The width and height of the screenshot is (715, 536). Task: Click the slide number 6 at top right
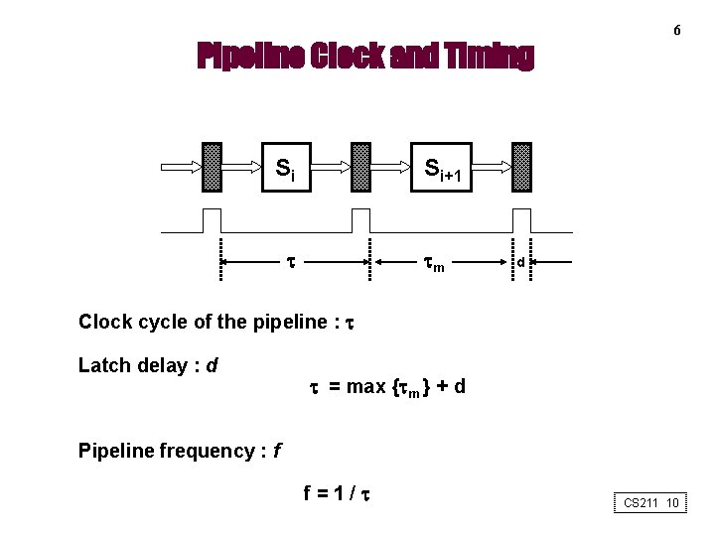(676, 31)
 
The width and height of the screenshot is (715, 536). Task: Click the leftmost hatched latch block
(212, 167)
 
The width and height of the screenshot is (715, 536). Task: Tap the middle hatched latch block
(361, 167)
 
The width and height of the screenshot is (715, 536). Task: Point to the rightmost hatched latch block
(521, 167)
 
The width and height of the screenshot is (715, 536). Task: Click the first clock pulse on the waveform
(212, 220)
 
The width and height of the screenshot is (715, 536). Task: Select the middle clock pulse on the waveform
(361, 220)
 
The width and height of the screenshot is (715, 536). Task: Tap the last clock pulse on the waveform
(521, 220)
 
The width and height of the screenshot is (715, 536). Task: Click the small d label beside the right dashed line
(520, 263)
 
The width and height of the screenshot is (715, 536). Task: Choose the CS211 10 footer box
(650, 503)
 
